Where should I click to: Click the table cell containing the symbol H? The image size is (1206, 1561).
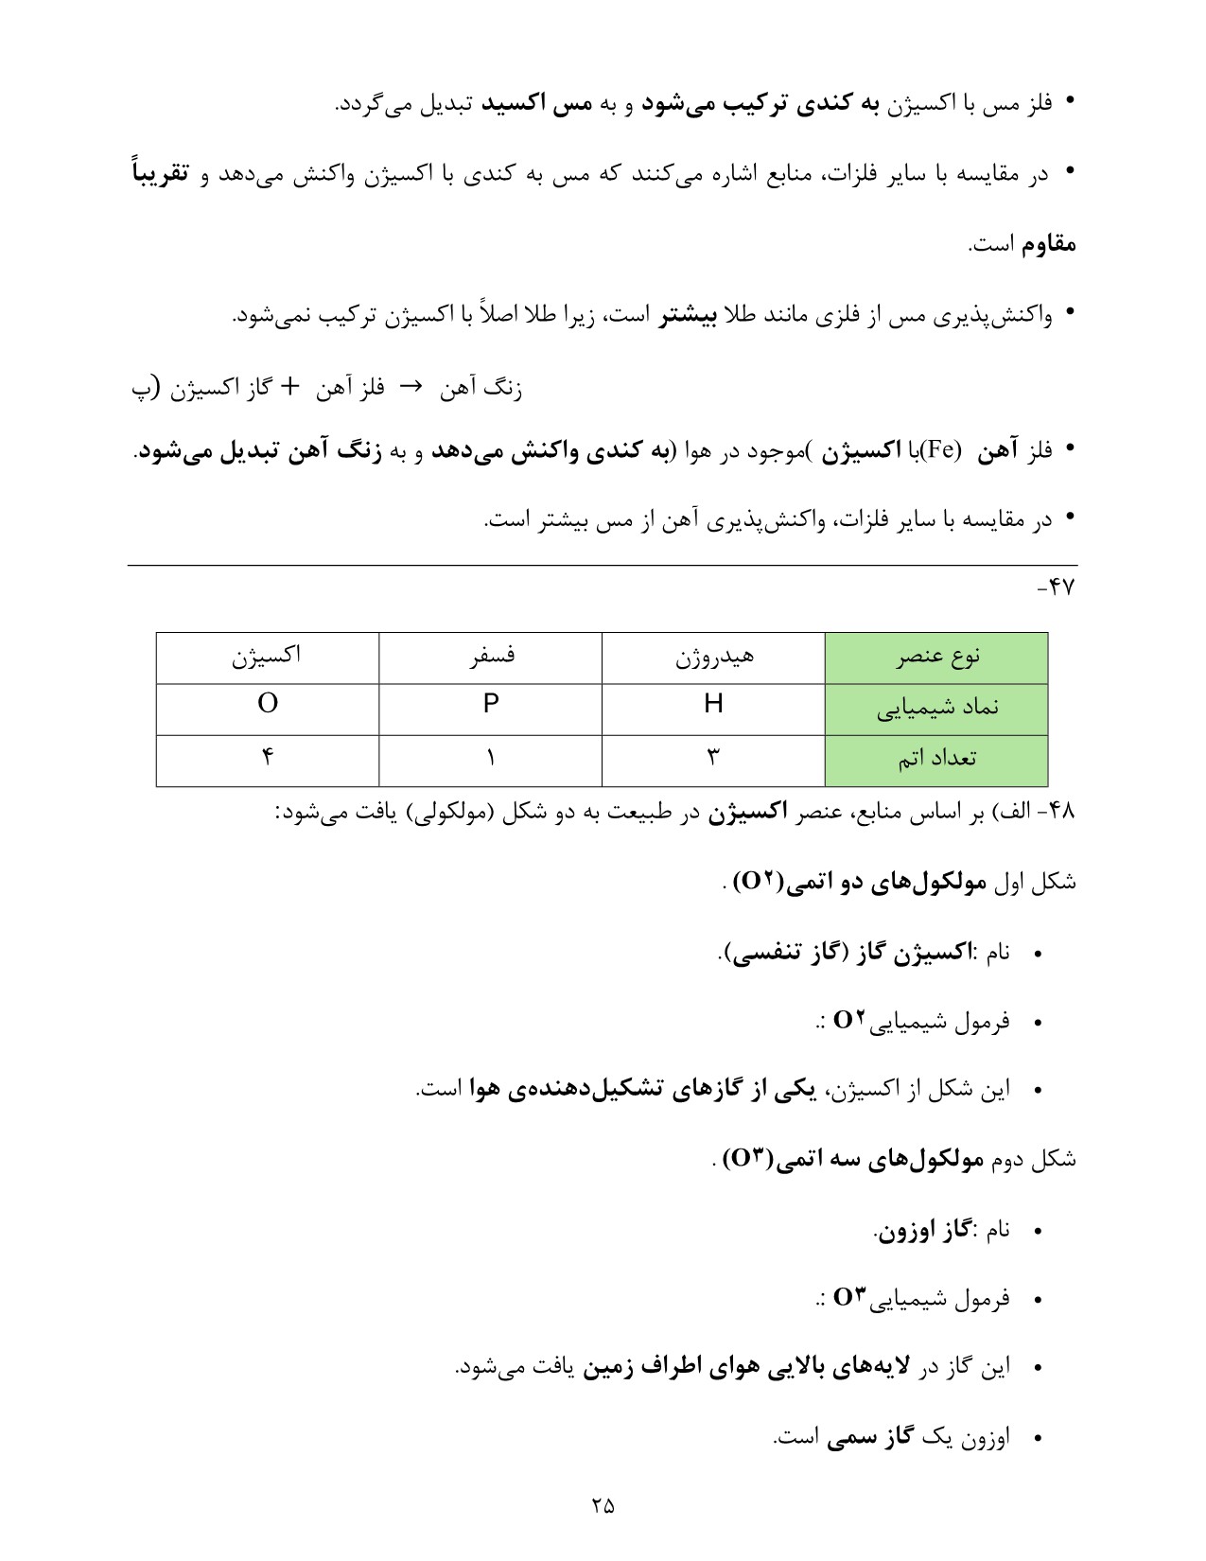[x=713, y=704]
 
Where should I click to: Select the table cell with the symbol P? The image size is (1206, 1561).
[x=490, y=704]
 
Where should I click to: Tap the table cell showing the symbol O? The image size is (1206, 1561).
[x=268, y=704]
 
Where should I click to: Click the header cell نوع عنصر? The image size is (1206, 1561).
[x=936, y=657]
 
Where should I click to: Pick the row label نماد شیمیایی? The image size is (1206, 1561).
[x=936, y=708]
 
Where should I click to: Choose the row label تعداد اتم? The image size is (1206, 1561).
[x=936, y=759]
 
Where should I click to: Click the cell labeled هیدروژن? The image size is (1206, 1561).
[x=713, y=657]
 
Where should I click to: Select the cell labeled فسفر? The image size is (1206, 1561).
[x=490, y=657]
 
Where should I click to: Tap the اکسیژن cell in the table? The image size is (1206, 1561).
[x=268, y=657]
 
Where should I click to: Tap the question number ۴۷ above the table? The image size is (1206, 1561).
[x=1057, y=588]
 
